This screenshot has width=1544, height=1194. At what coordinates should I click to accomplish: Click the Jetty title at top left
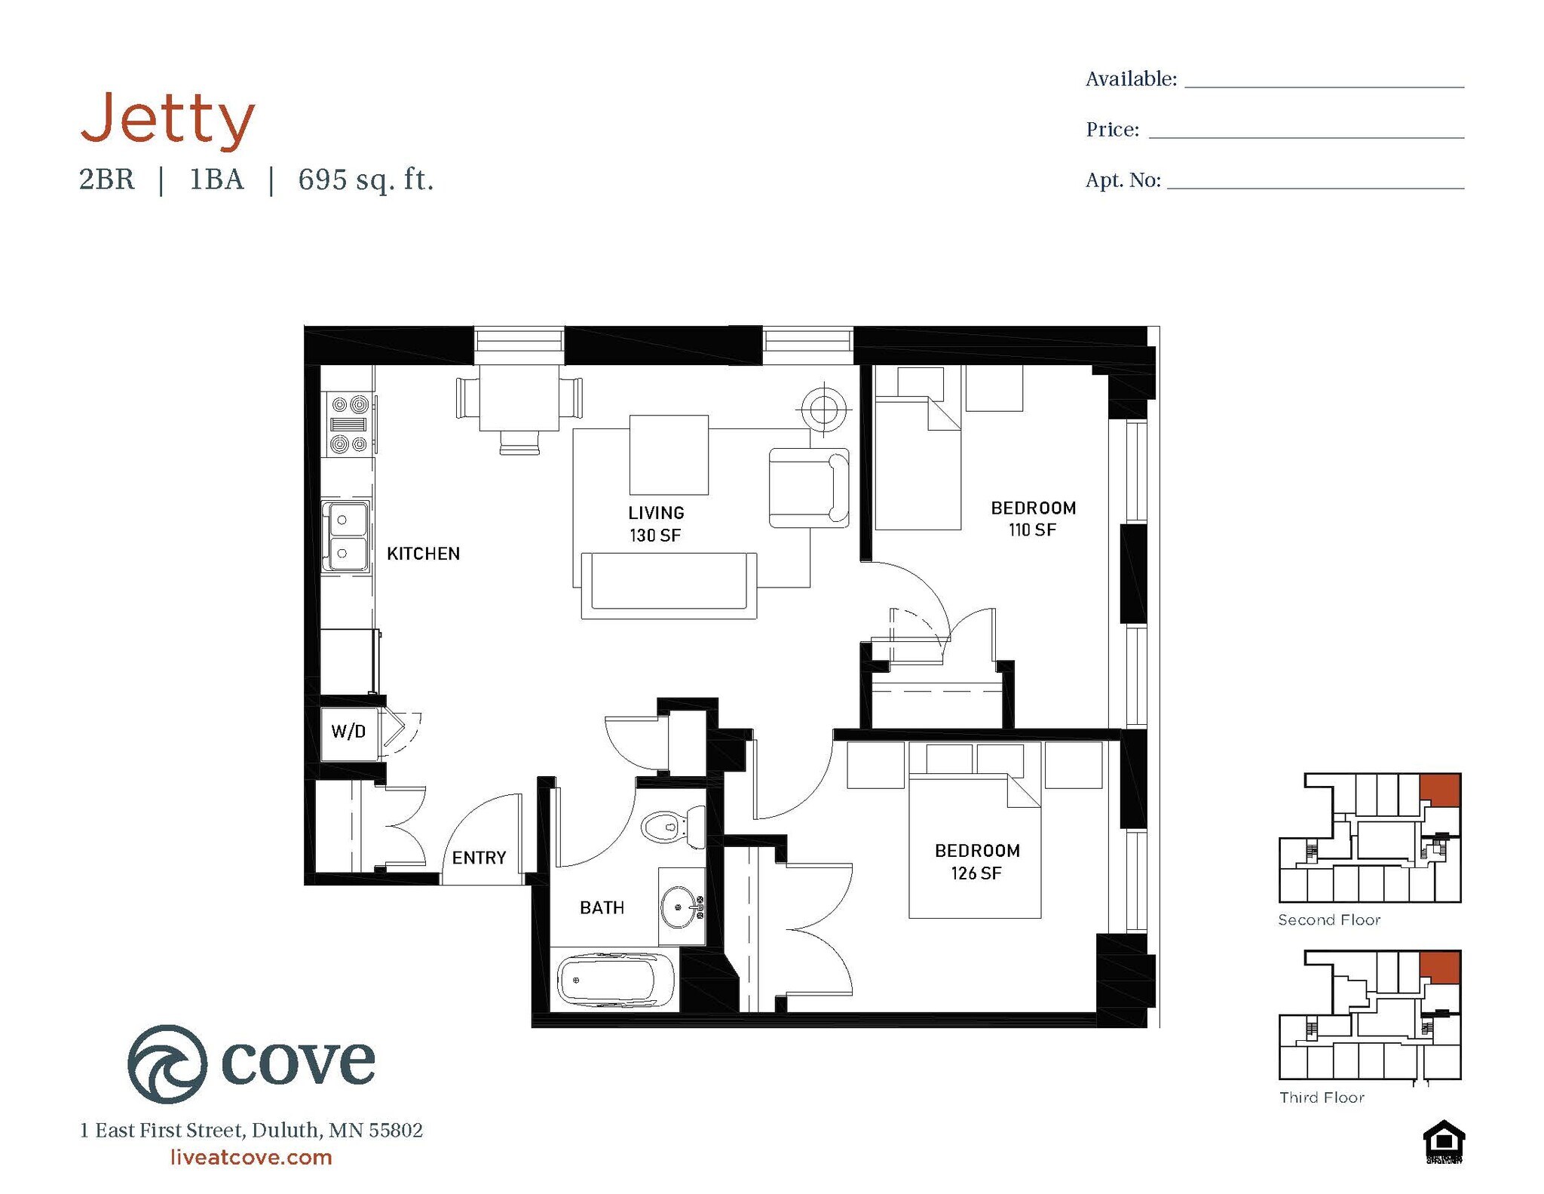(x=167, y=118)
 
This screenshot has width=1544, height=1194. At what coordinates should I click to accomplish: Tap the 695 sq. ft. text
(x=366, y=180)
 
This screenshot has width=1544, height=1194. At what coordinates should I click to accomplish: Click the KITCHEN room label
(x=423, y=554)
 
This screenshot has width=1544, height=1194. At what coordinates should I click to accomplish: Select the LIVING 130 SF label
(x=656, y=523)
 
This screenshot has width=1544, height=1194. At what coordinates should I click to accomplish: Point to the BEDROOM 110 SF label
(x=1033, y=519)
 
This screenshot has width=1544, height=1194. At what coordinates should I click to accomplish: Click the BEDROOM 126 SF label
(x=977, y=861)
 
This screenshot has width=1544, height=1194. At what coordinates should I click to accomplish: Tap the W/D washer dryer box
(x=349, y=731)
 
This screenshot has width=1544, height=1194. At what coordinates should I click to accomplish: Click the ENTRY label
(x=479, y=858)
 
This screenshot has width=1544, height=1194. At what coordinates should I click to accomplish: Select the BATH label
(x=602, y=907)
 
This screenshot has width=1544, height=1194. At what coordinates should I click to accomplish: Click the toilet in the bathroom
(x=671, y=827)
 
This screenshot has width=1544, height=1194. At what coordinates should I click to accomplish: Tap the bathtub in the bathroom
(x=616, y=980)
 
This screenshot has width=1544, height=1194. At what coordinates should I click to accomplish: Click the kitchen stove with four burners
(x=348, y=425)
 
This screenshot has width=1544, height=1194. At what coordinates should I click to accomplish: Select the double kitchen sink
(x=345, y=536)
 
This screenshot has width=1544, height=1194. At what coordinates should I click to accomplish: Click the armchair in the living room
(x=808, y=487)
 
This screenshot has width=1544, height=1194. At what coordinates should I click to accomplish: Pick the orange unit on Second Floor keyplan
(x=1440, y=789)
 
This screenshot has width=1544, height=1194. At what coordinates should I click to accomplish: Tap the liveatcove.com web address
(x=251, y=1157)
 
